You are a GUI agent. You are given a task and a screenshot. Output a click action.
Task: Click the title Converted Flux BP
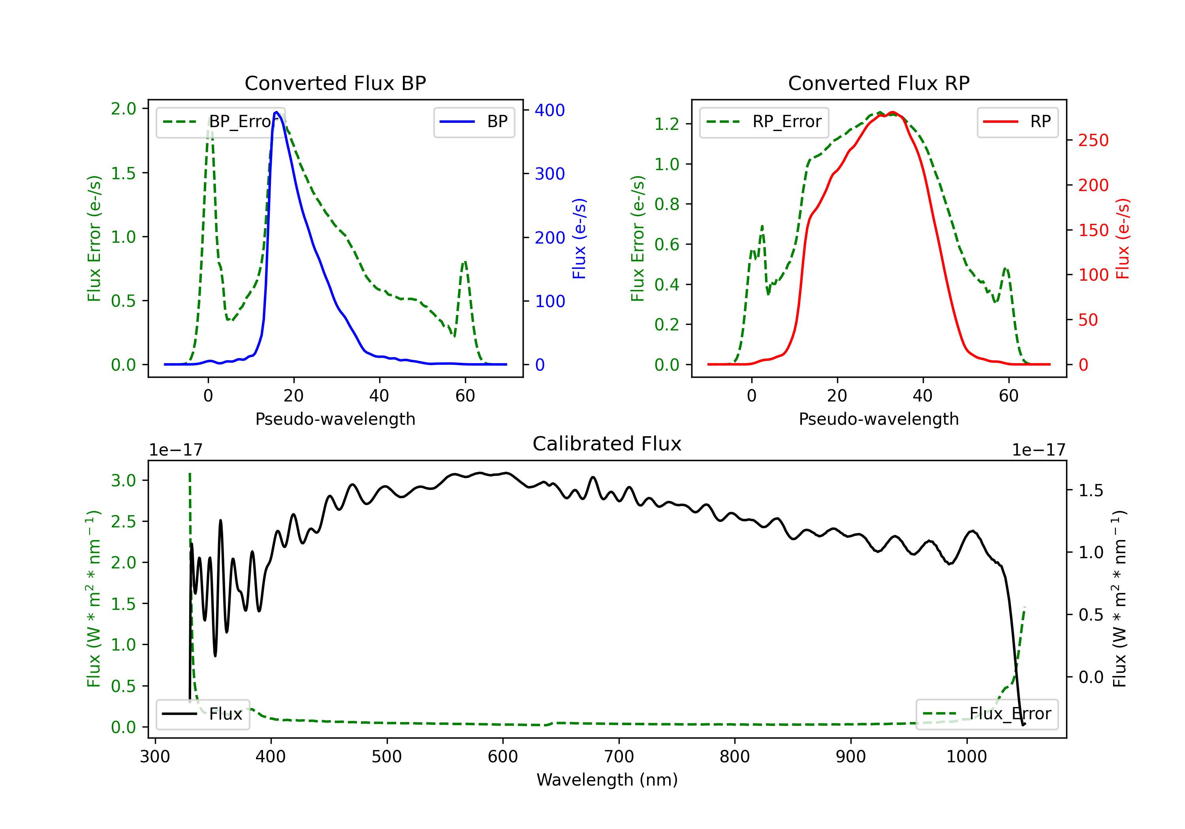335,83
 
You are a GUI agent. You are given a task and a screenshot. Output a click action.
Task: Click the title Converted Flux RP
878,83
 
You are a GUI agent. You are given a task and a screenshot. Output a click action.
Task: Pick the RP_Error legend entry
764,122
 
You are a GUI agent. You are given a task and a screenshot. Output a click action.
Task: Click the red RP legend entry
1017,122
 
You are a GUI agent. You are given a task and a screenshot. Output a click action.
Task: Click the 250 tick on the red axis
1093,140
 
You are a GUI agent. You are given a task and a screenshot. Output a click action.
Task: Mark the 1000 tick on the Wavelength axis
966,756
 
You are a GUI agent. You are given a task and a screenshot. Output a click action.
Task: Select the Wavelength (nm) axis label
607,780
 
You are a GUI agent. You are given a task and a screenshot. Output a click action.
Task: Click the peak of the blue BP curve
276,112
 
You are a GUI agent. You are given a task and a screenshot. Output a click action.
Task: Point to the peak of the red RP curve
893,113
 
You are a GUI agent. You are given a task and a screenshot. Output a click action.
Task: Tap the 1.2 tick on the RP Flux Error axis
667,124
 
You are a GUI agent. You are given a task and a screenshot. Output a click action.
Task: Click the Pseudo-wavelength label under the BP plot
335,419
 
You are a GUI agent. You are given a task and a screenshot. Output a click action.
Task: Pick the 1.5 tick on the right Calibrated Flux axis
1091,490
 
